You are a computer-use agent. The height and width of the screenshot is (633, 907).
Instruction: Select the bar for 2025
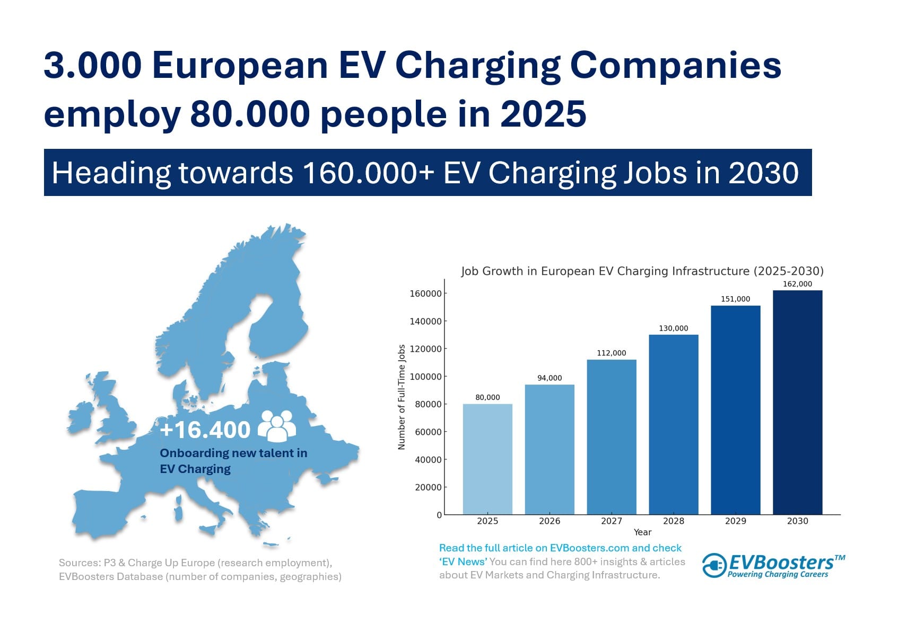487,459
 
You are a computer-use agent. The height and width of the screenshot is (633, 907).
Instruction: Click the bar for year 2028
674,424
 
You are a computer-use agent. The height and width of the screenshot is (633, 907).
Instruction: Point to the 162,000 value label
797,283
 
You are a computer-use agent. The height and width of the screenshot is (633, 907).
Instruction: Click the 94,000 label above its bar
550,378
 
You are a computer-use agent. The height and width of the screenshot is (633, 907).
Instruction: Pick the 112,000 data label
612,353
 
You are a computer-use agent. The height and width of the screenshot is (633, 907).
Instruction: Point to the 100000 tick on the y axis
425,377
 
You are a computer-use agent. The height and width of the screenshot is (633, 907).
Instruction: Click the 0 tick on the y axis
439,515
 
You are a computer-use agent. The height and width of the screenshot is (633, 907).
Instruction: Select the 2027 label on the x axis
612,521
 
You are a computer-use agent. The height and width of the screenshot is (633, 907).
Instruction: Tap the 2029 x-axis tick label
735,521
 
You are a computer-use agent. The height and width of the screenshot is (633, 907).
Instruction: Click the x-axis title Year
643,532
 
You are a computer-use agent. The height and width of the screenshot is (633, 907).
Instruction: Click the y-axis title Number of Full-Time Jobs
402,397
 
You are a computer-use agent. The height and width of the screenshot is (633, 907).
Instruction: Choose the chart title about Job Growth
642,271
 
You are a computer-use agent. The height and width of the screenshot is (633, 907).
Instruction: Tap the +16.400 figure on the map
205,430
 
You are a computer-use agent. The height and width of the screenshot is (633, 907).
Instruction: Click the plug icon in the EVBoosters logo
714,565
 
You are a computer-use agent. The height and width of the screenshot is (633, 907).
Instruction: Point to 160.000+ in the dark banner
369,173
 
